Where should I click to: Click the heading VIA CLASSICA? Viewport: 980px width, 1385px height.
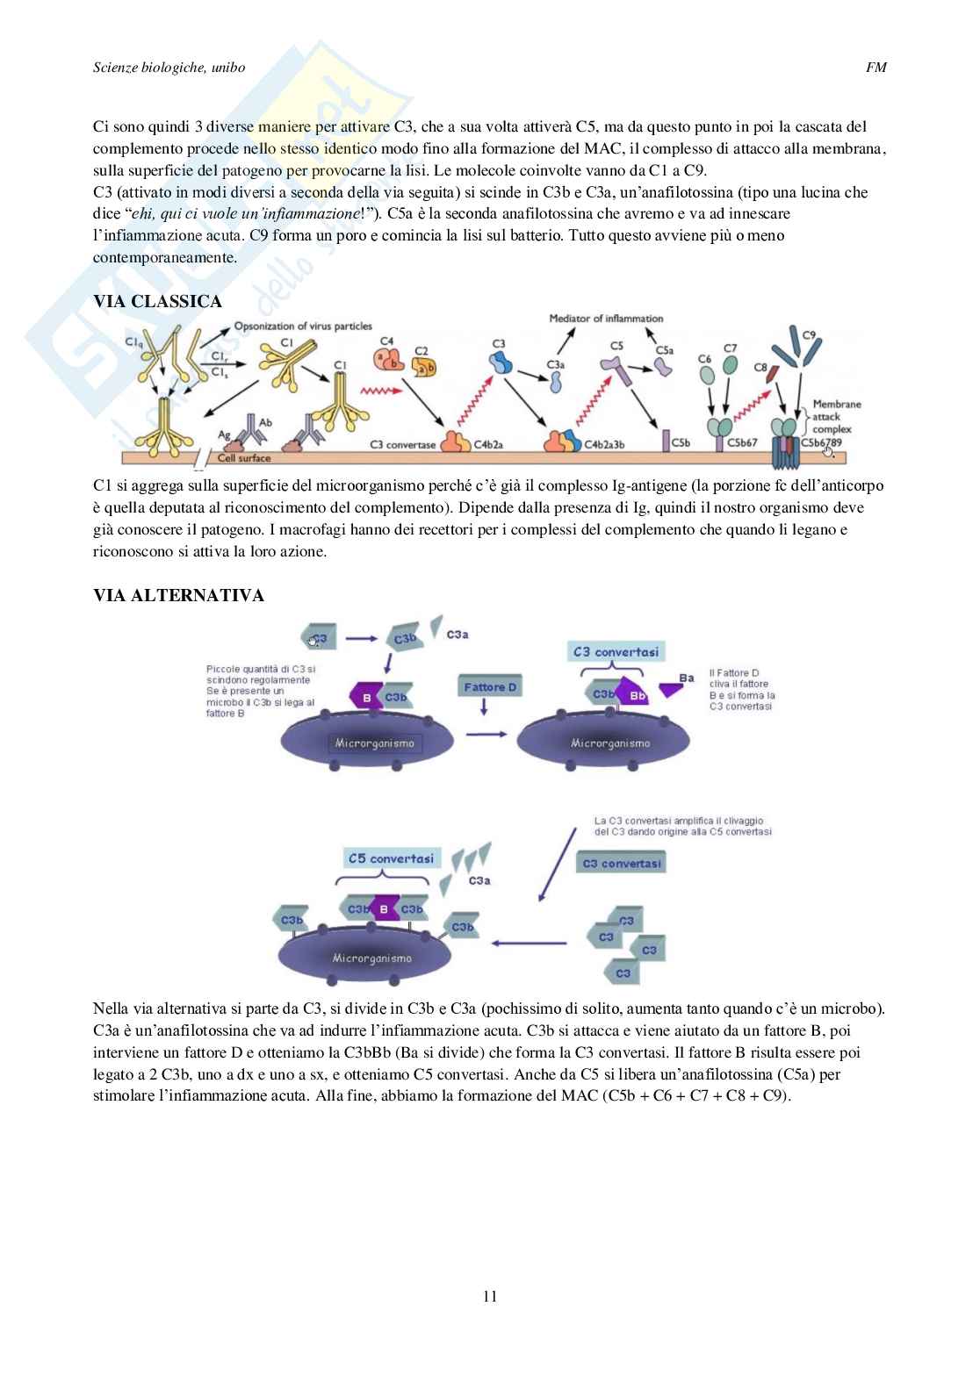pos(157,301)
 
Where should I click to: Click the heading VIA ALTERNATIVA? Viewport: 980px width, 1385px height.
pos(178,595)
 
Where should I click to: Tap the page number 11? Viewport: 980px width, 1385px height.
pos(490,1295)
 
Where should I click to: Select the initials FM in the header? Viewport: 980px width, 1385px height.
pos(876,67)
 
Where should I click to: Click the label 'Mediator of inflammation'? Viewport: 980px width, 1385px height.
pos(606,319)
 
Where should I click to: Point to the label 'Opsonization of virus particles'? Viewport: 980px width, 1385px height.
pos(303,327)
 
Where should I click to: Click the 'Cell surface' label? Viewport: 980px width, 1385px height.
pos(244,457)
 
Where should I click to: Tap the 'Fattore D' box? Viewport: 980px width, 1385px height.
pos(490,686)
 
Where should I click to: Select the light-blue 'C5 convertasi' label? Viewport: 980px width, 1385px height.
pos(391,858)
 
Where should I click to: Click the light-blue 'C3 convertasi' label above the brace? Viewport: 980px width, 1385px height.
pos(615,651)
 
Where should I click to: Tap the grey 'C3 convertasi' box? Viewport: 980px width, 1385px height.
pos(621,863)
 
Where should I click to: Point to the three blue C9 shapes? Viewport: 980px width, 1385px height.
pos(801,346)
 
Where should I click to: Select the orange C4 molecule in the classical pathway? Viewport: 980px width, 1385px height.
pos(386,360)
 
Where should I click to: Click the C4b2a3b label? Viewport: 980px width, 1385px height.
pos(604,444)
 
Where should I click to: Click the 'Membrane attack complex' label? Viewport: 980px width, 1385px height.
pos(836,417)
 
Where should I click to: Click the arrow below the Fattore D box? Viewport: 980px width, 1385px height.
pos(484,707)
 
